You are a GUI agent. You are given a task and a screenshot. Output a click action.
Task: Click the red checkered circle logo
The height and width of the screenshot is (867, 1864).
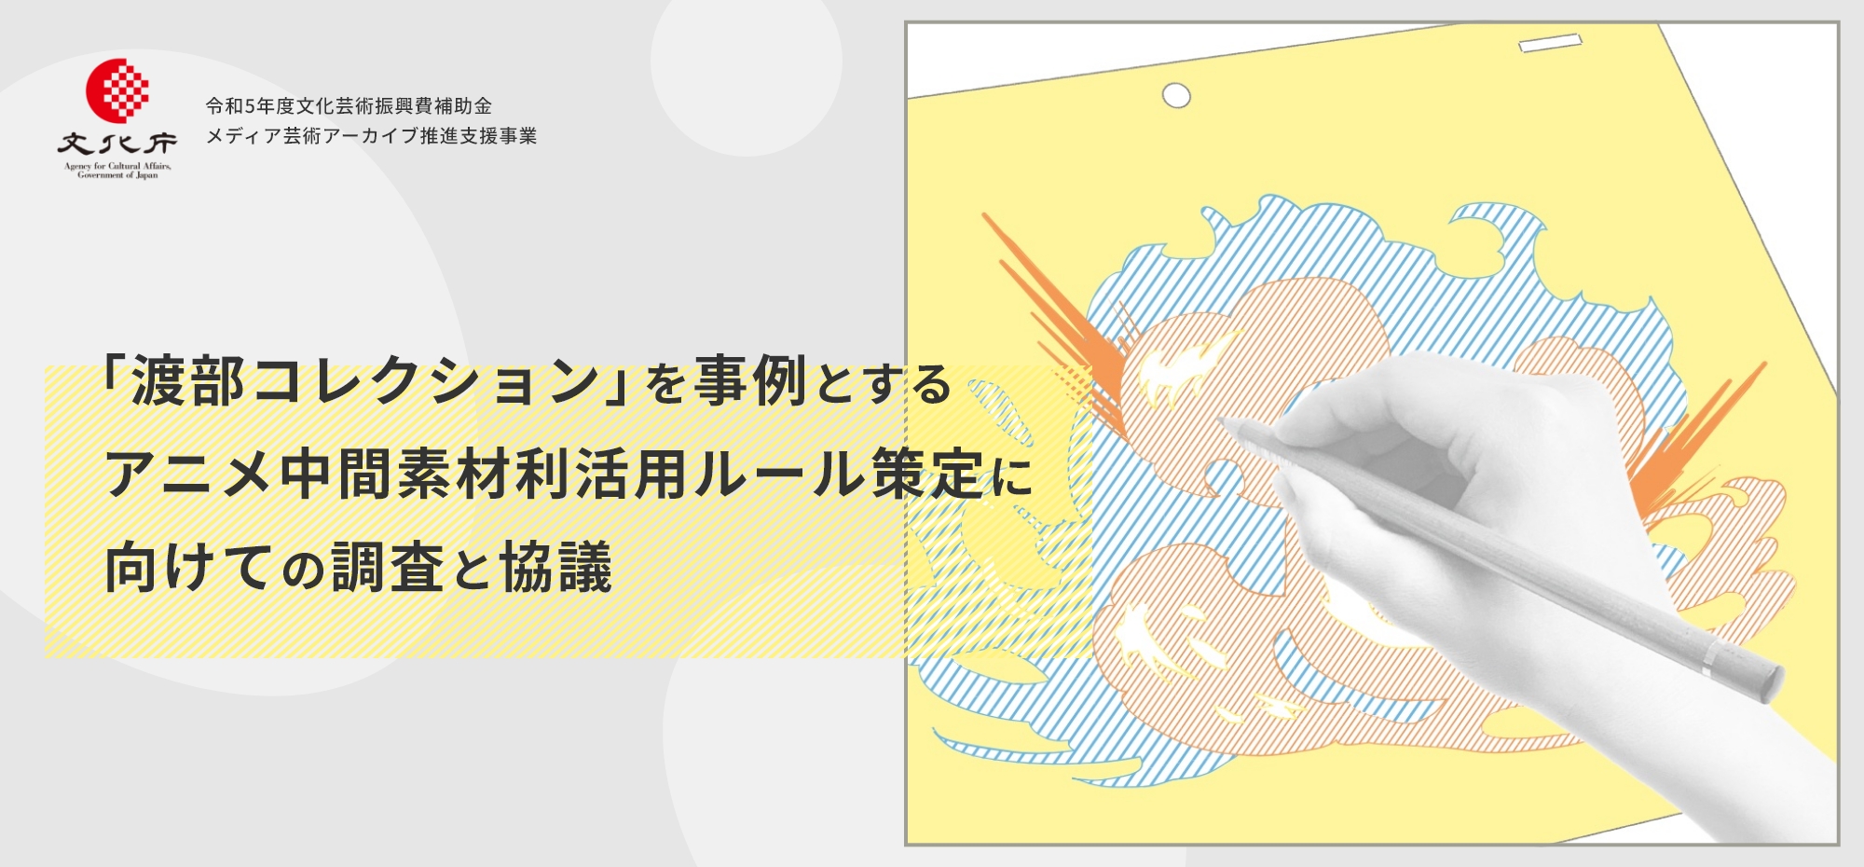point(117,90)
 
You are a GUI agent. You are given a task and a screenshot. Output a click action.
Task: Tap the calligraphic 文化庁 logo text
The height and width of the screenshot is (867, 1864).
point(117,144)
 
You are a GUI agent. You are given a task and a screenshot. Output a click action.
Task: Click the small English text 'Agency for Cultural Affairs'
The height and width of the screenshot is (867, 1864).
point(117,167)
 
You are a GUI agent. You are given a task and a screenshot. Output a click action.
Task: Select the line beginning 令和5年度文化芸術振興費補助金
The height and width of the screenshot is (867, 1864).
point(349,106)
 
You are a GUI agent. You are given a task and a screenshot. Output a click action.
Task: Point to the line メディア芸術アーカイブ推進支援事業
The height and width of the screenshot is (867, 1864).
point(371,136)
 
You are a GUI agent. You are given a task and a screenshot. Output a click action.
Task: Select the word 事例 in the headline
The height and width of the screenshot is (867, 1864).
point(750,381)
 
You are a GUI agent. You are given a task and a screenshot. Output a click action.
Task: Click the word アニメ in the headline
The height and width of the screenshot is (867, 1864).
point(188,474)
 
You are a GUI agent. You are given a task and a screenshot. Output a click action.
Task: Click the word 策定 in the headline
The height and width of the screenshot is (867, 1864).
point(928,474)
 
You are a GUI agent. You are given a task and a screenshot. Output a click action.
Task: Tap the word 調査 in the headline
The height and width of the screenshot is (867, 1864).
point(388,567)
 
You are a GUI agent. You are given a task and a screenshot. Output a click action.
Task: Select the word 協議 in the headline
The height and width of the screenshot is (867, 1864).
point(556,567)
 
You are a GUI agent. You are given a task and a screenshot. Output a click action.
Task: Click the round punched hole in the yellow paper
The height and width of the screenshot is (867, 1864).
point(1176,95)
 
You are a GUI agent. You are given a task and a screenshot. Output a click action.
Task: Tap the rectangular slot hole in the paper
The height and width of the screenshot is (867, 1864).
point(1550,43)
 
